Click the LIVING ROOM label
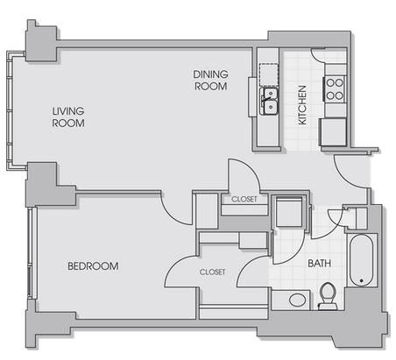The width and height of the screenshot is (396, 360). coord(68,117)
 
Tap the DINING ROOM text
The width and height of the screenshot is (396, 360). coord(210,81)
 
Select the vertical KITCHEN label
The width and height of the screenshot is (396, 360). coord(302,105)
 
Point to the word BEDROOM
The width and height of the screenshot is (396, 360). coord(93,266)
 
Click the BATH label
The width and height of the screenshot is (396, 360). coord(320,264)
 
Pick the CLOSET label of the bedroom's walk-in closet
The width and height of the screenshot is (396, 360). coord(212,272)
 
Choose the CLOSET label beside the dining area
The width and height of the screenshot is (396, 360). coord(244,199)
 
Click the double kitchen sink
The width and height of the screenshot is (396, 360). coord(269,101)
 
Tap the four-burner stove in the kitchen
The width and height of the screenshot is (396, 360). coord(335,89)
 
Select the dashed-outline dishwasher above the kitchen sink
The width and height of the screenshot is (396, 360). coord(269,74)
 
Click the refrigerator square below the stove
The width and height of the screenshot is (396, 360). coord(333,132)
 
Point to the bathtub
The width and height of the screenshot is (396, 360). coord(362,260)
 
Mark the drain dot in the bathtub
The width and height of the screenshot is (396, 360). coord(362,280)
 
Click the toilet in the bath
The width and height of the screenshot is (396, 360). coord(328,296)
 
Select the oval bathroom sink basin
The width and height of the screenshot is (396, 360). coord(297,300)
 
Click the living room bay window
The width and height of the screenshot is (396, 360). coord(10,111)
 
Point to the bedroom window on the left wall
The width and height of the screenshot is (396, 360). coord(32,253)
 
